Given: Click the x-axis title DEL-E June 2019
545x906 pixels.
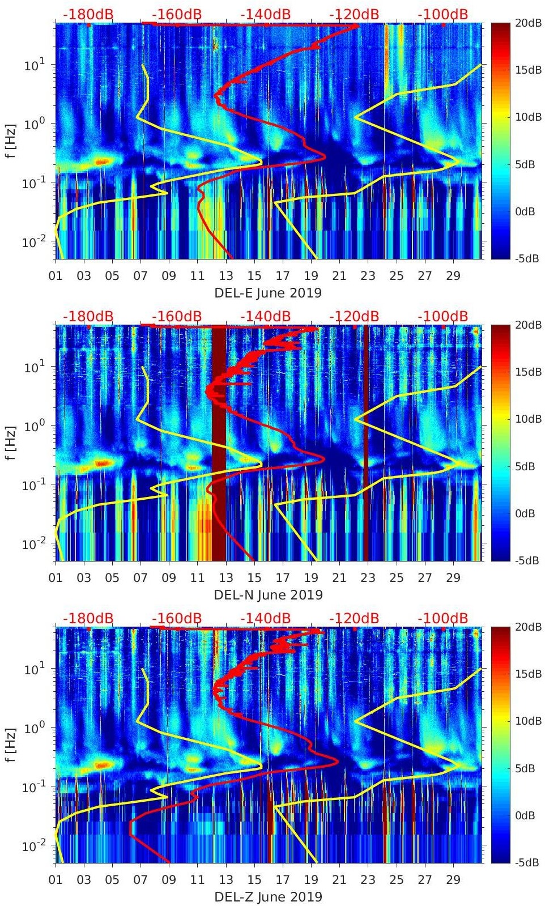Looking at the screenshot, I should pos(268,293).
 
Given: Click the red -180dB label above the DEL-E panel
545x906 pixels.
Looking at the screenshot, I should pos(88,14).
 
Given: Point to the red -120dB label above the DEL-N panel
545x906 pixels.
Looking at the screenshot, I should pos(354,316).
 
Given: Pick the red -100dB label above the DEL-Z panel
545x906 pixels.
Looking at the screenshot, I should pos(443,618).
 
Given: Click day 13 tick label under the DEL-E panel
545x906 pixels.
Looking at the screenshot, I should pos(226,276).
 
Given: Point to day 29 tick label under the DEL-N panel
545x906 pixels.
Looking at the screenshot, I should pos(453,578).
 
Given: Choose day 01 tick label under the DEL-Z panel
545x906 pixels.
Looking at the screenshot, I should pos(56,880).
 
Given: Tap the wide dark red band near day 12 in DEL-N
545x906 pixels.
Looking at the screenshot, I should pos(219,442).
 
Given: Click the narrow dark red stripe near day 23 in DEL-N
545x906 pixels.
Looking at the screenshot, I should pos(366,442).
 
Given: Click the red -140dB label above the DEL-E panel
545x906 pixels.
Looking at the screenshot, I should pos(266,14).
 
